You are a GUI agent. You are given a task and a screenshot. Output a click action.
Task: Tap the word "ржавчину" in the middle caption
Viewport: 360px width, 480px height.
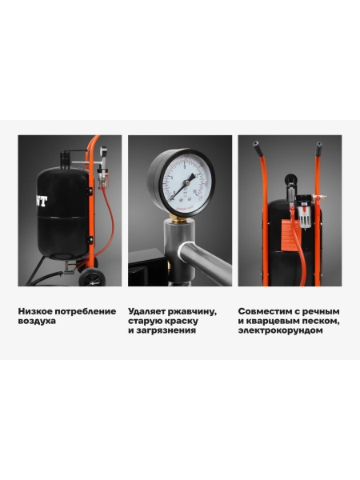pyautogui.click(x=192, y=312)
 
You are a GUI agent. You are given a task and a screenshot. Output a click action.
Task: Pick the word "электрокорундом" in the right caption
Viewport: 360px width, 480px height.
pyautogui.click(x=281, y=330)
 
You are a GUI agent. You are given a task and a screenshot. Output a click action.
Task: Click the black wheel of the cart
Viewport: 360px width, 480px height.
pyautogui.click(x=92, y=278)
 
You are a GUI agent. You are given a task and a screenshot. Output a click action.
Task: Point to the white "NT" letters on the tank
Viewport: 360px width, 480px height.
pyautogui.click(x=42, y=202)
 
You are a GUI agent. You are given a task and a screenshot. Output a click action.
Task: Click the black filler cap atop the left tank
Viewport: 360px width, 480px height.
pyautogui.click(x=65, y=159)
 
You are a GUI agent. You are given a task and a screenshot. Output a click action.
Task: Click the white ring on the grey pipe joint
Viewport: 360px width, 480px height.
pyautogui.click(x=182, y=250)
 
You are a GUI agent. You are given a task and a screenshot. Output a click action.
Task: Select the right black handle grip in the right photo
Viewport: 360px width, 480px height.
pyautogui.click(x=319, y=149)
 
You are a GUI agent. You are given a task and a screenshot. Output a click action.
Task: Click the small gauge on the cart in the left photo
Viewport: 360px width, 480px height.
pyautogui.click(x=103, y=151)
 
